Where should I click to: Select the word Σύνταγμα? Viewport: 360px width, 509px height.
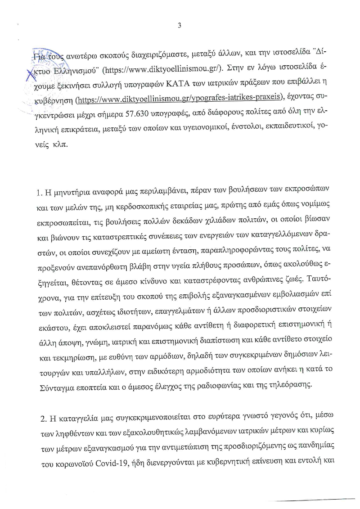[51, 385]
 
